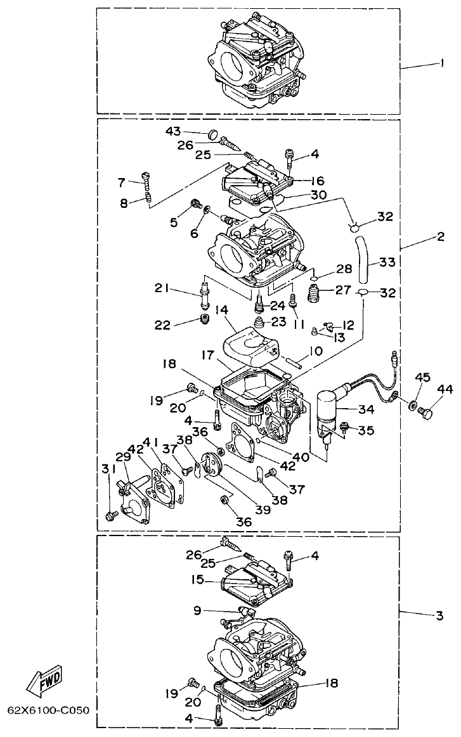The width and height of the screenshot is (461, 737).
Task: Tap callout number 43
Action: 173,131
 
